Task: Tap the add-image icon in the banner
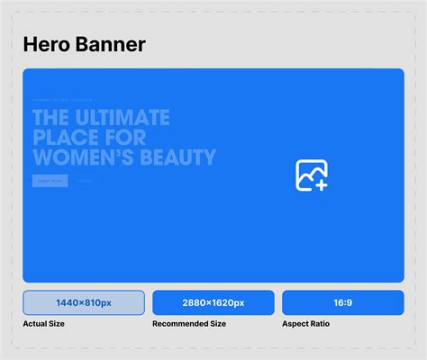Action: click(311, 175)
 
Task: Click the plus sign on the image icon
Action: click(321, 184)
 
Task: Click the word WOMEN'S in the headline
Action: click(86, 158)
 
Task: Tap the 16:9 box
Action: click(342, 302)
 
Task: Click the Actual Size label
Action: click(43, 323)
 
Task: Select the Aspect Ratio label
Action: click(306, 323)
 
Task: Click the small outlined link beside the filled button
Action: click(84, 181)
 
